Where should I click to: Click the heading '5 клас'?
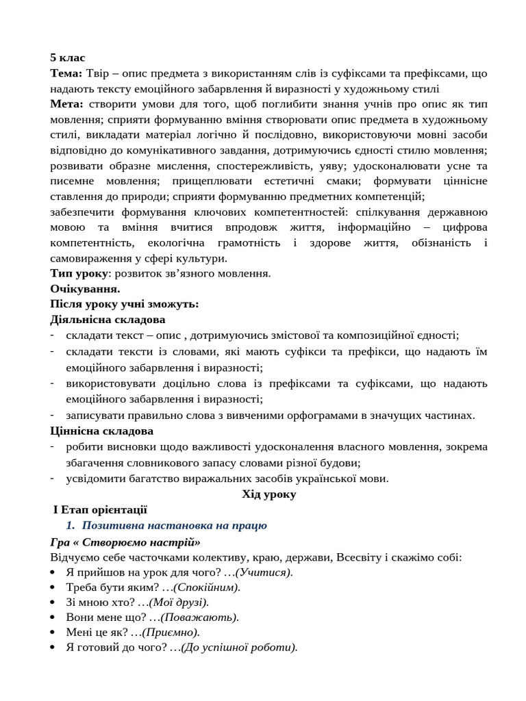pos(68,58)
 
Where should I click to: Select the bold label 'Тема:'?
pos(66,73)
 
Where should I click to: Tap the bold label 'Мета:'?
pos(66,104)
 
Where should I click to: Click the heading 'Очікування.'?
pos(85,289)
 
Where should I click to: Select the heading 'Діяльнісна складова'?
pos(108,320)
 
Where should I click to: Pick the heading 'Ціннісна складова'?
pos(101,431)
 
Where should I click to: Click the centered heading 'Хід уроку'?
pos(268,494)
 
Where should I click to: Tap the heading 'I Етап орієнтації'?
pos(100,510)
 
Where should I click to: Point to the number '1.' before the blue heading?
pos(70,526)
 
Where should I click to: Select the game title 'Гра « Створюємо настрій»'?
pos(125,542)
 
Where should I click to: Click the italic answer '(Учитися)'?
pos(264,572)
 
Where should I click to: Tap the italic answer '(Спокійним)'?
pos(207,587)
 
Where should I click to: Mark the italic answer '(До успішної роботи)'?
pos(239,648)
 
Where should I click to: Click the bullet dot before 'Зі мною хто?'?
pos(54,602)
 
